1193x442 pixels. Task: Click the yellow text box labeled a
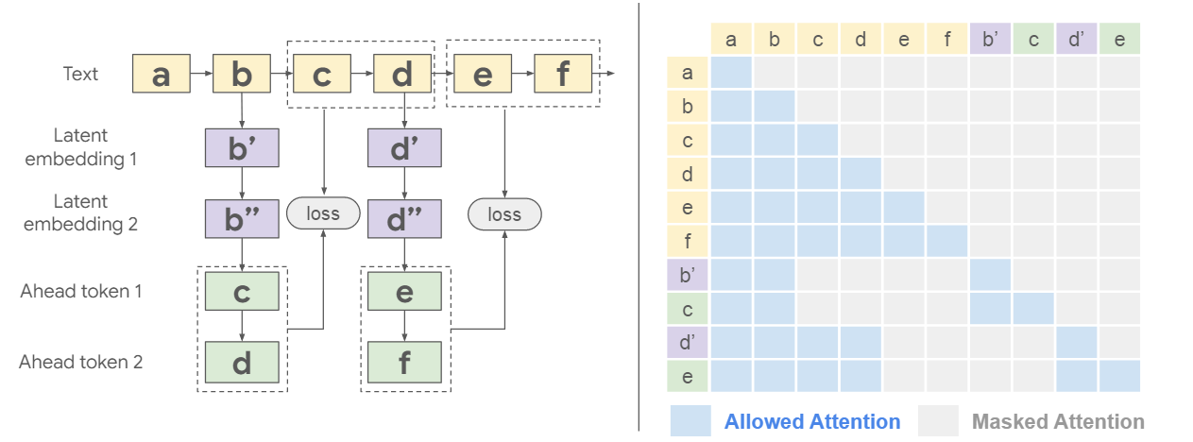[x=162, y=74]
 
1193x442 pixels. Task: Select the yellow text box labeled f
[x=563, y=74]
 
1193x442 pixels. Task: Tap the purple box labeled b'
[x=242, y=148]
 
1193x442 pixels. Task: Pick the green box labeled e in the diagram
[x=403, y=292]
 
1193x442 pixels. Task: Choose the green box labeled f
[x=403, y=361]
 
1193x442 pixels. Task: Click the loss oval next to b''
[x=323, y=214]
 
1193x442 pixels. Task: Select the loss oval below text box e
[x=504, y=214]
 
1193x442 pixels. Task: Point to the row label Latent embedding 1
[x=80, y=147]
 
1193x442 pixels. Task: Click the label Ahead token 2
[x=81, y=361]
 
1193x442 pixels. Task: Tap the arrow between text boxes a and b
[x=200, y=73]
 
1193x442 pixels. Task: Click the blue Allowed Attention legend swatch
[x=690, y=421]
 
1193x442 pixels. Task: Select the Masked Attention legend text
[x=1057, y=421]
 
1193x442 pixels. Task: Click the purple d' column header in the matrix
[x=1076, y=39]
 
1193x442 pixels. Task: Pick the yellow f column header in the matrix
[x=946, y=39]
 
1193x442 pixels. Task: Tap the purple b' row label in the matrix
[x=687, y=275]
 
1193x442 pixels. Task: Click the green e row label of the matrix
[x=687, y=376]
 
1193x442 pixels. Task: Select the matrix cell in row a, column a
[x=730, y=73]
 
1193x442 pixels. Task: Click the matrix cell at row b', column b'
[x=990, y=275]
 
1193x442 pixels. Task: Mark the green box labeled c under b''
[x=242, y=292]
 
